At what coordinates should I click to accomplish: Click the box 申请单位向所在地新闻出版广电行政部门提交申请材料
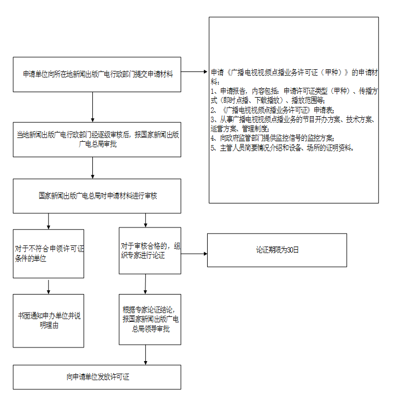97,74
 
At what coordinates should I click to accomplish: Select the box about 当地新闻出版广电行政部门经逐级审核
97,140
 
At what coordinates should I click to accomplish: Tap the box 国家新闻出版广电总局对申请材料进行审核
97,196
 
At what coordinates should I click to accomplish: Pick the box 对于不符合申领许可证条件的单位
49,254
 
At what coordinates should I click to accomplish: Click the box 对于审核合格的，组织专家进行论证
150,250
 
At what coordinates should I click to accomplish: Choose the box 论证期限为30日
277,250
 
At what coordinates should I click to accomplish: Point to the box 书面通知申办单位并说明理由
49,321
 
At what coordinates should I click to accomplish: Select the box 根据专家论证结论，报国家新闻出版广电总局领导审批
150,319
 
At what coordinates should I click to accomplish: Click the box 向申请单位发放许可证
97,377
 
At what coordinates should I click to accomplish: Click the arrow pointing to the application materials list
194,72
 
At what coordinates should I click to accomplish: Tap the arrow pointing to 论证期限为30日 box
194,254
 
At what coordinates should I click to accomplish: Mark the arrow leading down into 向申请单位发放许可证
145,355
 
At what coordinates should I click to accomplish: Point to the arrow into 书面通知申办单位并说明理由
49,287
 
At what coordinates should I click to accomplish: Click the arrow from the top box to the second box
93,107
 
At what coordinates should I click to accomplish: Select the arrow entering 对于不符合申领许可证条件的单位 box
49,221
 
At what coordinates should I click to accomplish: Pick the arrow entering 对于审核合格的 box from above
145,220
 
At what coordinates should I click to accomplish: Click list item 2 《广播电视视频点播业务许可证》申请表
273,110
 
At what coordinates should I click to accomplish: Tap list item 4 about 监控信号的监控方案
273,138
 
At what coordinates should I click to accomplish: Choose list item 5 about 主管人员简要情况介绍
282,148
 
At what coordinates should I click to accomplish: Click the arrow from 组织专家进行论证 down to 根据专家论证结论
145,284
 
